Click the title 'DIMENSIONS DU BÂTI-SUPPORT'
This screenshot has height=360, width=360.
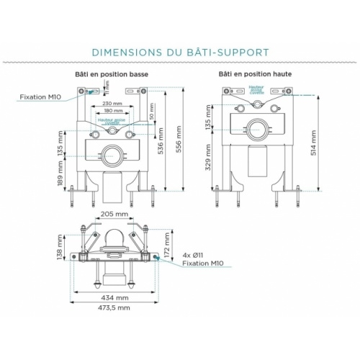180,52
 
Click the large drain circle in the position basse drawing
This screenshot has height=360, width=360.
112,154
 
